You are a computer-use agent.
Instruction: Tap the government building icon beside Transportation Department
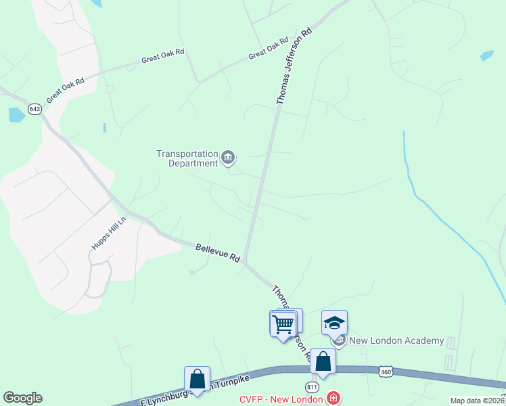[228, 158]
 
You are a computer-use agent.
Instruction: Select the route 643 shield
[34, 108]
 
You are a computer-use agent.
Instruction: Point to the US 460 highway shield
[386, 371]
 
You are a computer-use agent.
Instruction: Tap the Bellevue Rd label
[218, 253]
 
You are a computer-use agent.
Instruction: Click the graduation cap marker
[334, 323]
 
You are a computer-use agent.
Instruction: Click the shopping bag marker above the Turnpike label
[197, 379]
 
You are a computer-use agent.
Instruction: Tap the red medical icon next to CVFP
[333, 398]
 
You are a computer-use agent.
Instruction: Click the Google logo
[22, 398]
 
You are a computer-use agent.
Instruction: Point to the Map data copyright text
[478, 401]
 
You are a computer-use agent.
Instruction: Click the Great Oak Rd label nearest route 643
[66, 89]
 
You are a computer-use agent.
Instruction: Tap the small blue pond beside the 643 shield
[16, 115]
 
